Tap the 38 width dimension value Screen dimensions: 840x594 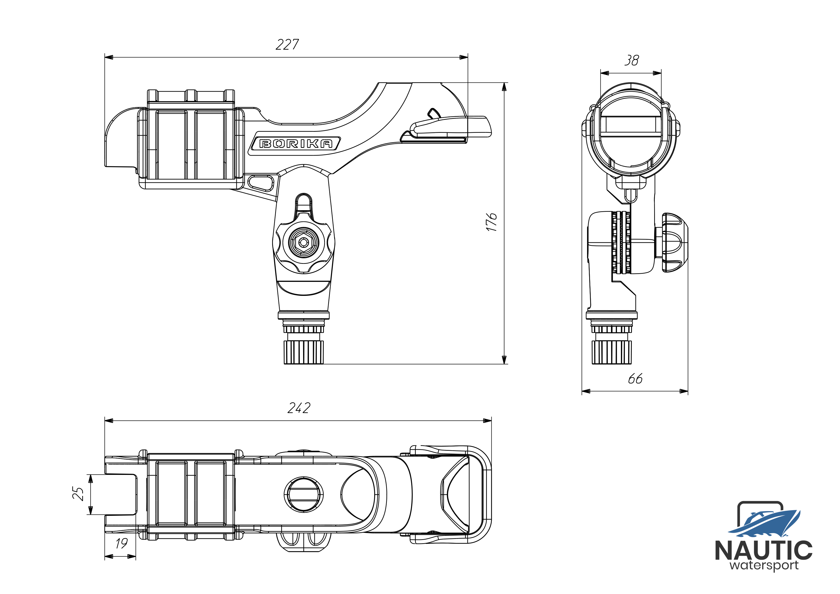[x=632, y=60]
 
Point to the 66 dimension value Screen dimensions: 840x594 [x=635, y=379]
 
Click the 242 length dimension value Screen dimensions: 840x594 [x=299, y=408]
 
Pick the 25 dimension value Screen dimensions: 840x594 [x=78, y=494]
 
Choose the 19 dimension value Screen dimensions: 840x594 [x=121, y=543]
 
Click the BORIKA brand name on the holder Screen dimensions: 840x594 [x=296, y=143]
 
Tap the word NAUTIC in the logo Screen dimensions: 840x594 [x=764, y=551]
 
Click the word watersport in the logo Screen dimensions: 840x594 [x=764, y=566]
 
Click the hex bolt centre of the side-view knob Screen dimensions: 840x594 [x=303, y=242]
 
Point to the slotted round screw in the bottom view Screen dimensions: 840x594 [x=304, y=495]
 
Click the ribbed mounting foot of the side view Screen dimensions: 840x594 [x=304, y=352]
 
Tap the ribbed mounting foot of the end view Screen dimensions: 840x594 [x=611, y=352]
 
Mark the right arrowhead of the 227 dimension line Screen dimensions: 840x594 [x=464, y=57]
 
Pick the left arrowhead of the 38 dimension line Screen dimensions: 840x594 [x=605, y=73]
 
